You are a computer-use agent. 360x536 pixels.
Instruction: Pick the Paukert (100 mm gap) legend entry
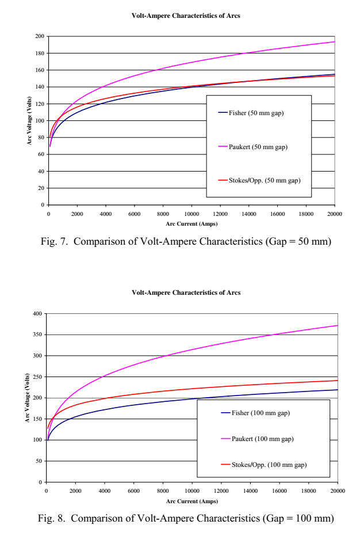coord(262,439)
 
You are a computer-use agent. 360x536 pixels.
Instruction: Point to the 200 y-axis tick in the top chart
coord(40,36)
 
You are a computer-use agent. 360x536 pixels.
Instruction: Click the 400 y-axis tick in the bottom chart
coord(37,314)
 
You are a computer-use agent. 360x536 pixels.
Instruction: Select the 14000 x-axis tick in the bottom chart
coord(250,491)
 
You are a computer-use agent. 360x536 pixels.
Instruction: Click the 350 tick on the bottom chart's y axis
coord(37,334)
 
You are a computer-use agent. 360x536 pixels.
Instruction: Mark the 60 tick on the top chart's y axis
coord(41,155)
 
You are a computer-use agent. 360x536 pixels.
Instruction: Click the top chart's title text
coord(186,16)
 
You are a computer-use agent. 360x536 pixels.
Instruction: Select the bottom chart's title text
coord(186,293)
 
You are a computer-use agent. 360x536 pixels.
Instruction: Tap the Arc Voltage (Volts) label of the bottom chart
coord(27,398)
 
